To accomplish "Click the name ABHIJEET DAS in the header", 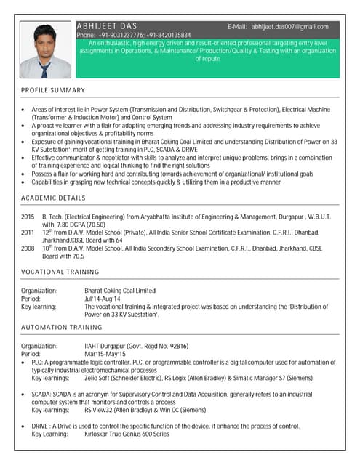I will (106, 26).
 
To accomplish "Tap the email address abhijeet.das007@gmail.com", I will (290, 27).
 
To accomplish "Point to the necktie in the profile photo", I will (44, 70).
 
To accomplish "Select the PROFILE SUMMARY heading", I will (53, 90).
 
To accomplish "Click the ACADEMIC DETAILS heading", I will (53, 198).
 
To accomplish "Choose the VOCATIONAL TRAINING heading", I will (60, 272).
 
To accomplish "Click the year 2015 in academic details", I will (28, 217).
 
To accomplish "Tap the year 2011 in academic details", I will (28, 232).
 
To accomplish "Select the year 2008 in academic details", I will (28, 248).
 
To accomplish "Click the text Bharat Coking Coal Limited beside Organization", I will (120, 291).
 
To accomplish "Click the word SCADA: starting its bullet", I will (41, 393).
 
